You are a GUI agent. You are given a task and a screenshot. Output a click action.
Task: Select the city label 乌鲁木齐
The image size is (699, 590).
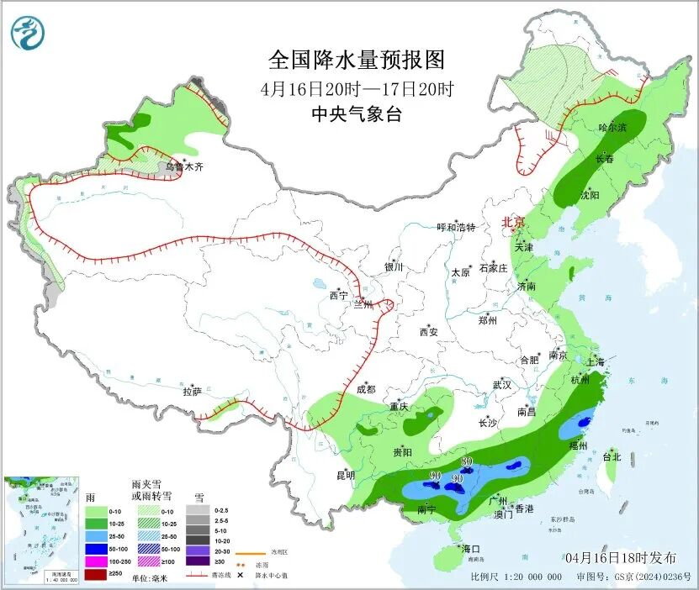[x=184, y=167]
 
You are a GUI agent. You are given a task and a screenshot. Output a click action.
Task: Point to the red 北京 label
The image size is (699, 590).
[x=513, y=223]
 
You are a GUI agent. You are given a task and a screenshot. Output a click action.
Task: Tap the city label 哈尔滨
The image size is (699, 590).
[x=612, y=128]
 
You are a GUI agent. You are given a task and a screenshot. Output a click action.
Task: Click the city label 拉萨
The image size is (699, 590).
[x=192, y=391]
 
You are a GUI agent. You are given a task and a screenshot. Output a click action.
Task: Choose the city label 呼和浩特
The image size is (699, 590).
[x=456, y=227]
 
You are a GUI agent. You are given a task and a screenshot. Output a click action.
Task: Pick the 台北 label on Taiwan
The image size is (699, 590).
[x=612, y=457]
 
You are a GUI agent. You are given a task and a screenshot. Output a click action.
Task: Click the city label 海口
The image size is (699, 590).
[x=469, y=549]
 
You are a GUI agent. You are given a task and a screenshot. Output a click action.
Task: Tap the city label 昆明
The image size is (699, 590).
[x=346, y=475]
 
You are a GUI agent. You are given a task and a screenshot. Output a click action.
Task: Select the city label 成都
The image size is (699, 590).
[x=365, y=389]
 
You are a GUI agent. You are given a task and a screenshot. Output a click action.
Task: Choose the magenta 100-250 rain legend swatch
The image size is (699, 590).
[x=96, y=561]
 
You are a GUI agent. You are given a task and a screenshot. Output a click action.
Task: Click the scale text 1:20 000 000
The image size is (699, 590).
[x=532, y=577]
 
